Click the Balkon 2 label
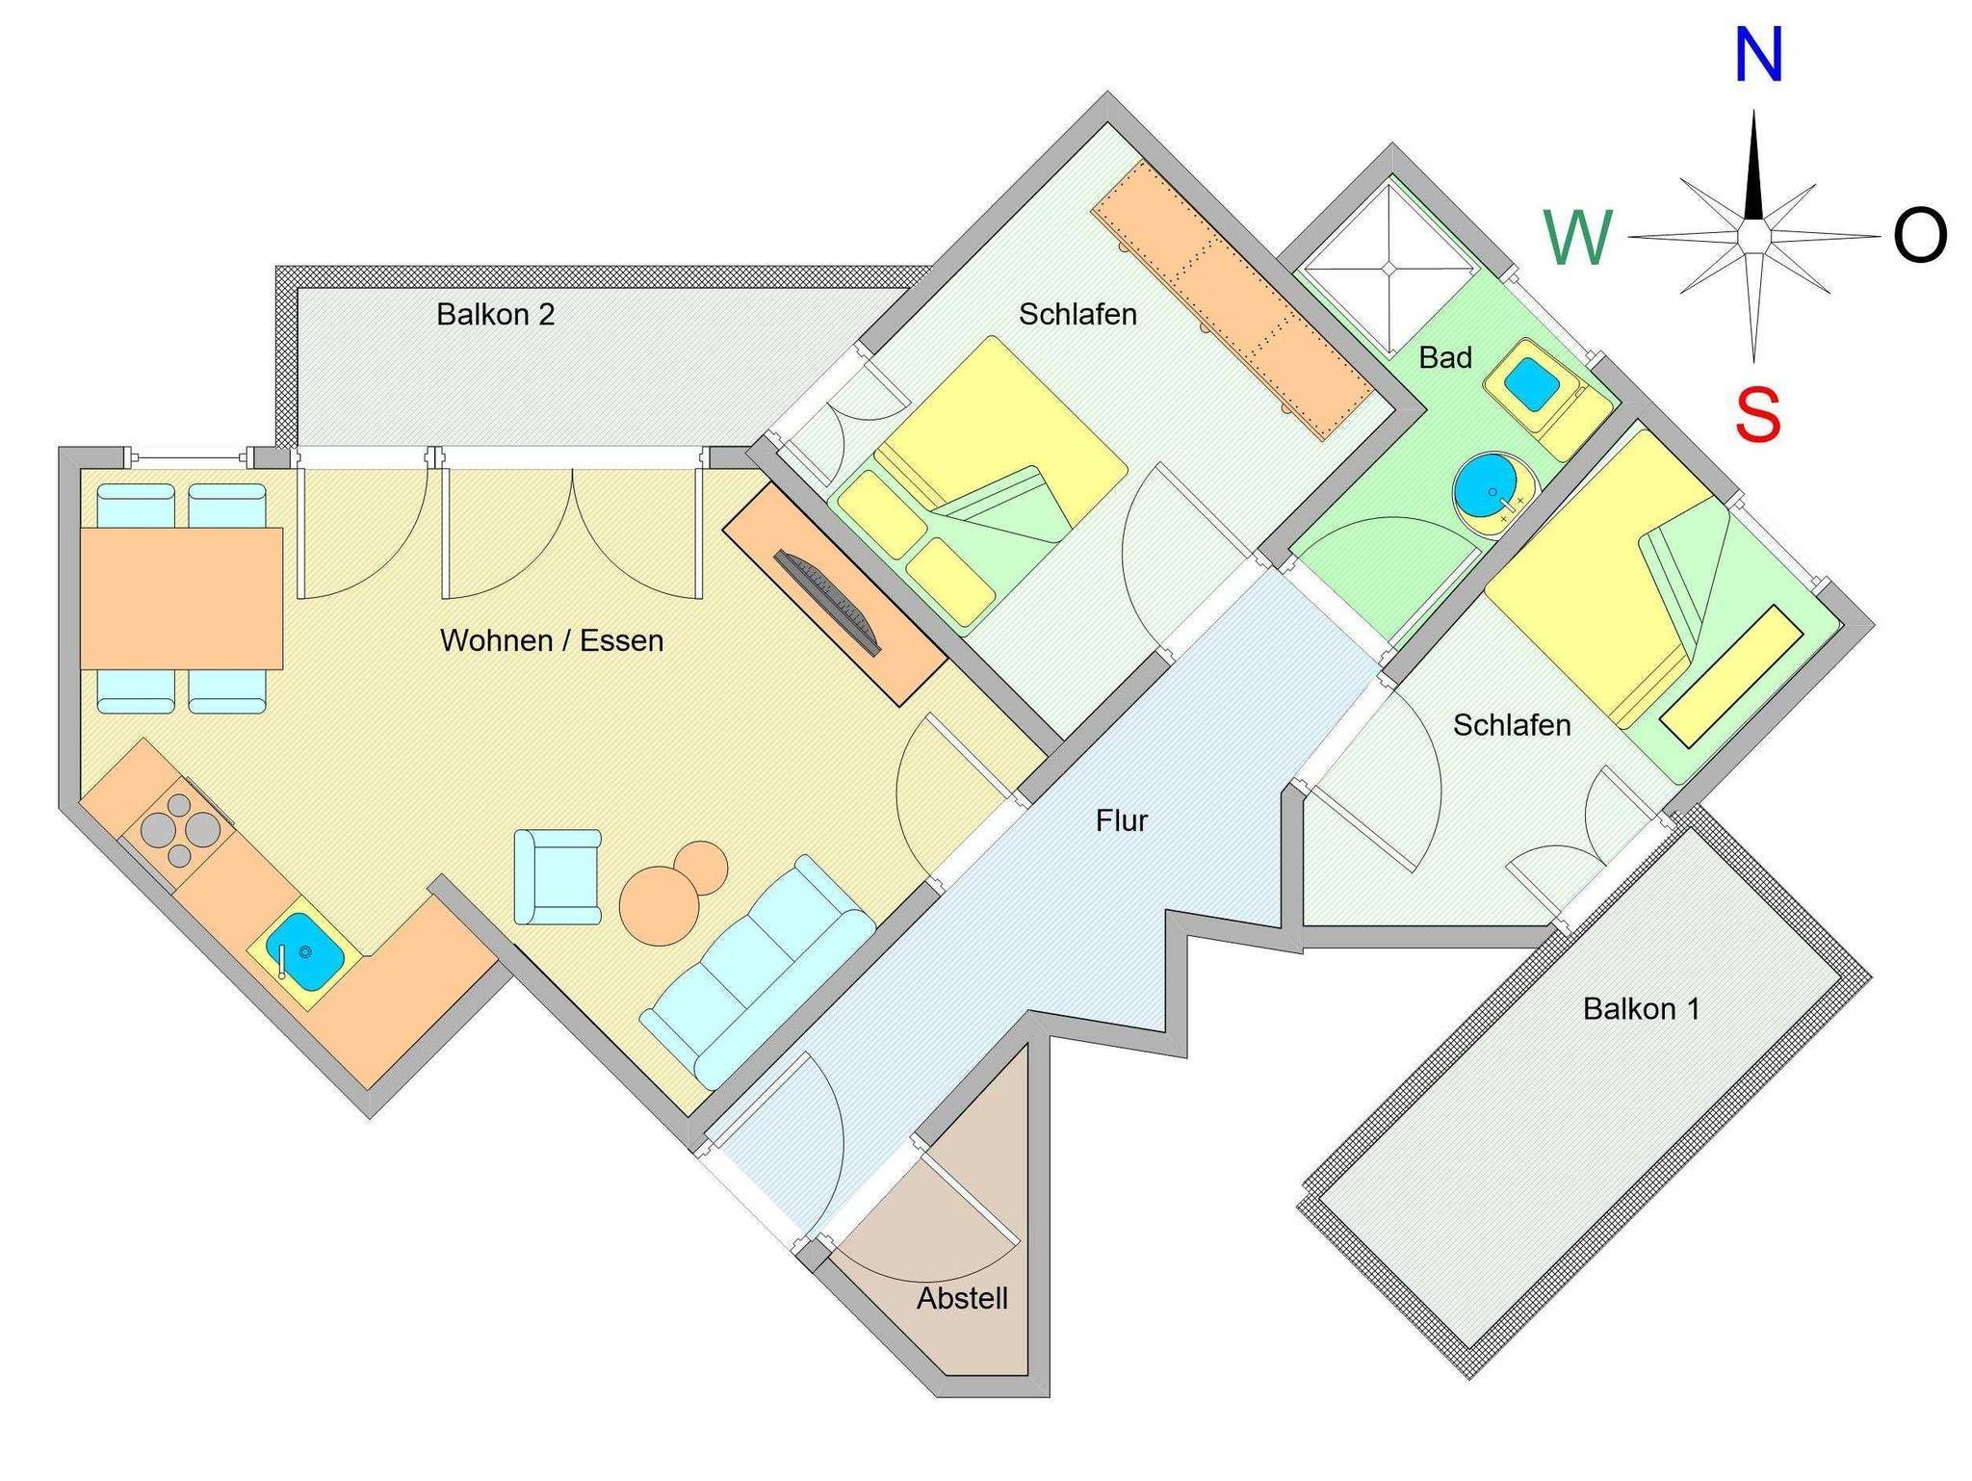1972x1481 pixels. coord(495,315)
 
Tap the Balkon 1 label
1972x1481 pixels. coord(1641,1008)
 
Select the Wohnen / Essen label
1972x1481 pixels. coord(552,640)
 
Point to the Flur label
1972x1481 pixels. coord(1122,820)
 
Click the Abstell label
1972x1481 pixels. coord(962,1298)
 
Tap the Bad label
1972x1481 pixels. coord(1445,357)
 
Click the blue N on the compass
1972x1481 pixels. coord(1757,56)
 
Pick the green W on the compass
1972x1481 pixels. coord(1577,238)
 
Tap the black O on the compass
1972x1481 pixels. coord(1920,236)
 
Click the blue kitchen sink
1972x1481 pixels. coord(304,951)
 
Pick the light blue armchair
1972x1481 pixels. coord(558,876)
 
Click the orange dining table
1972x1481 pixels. coord(181,598)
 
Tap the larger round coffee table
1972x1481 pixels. coord(660,906)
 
